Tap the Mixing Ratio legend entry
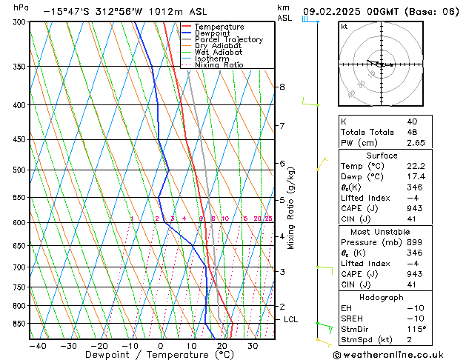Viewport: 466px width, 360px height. coord(219,65)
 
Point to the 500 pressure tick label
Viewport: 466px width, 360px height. coord(19,170)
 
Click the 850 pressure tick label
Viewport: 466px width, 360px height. coord(19,324)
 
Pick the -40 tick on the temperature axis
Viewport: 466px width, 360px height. coord(38,346)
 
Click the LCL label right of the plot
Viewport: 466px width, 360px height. coord(291,319)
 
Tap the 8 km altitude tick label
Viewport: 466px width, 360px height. coord(282,87)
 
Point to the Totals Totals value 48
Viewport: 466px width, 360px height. coord(411,132)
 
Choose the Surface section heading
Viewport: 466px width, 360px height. coord(382,156)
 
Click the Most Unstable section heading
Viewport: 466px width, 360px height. coord(382,233)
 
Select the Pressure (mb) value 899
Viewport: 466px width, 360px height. coord(413,243)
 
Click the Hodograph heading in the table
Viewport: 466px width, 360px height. coord(382,297)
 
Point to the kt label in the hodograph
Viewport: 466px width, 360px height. coord(344,27)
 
